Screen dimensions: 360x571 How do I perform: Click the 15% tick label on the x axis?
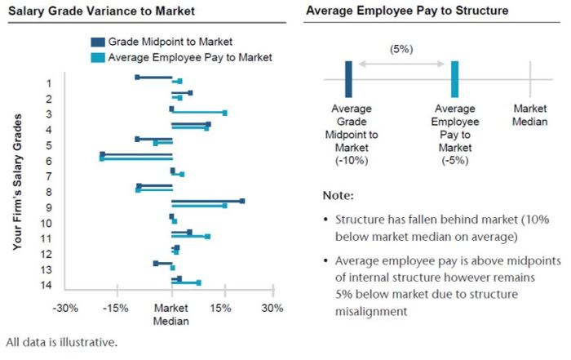[220, 309]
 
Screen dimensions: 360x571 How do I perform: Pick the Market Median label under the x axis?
[171, 314]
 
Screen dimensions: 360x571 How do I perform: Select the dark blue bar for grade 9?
[207, 201]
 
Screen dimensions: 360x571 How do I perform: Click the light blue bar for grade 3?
[198, 113]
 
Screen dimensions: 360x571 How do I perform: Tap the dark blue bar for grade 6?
[136, 153]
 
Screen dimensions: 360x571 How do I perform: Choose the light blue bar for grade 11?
[190, 237]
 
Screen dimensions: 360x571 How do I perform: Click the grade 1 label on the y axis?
[50, 83]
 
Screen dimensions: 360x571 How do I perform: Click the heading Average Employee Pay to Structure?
[406, 11]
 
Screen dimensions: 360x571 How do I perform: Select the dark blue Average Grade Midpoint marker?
[348, 79]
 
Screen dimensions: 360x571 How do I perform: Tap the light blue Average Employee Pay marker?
[454, 79]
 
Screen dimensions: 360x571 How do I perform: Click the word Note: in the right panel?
[339, 196]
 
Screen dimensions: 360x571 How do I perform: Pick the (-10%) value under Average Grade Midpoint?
[352, 161]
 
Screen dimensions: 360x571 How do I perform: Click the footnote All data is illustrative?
[61, 342]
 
